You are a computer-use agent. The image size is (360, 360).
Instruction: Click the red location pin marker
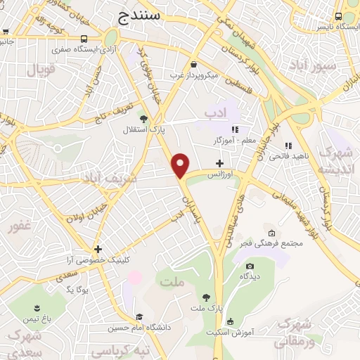[x=181, y=165]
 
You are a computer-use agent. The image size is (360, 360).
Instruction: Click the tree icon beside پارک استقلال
[x=143, y=118]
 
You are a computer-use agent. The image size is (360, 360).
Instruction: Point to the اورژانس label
[x=220, y=174]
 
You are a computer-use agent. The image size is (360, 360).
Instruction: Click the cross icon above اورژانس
[x=220, y=163]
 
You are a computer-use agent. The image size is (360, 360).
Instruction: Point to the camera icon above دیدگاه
[x=250, y=266]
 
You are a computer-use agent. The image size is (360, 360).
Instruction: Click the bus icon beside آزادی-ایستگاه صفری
[x=84, y=39]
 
